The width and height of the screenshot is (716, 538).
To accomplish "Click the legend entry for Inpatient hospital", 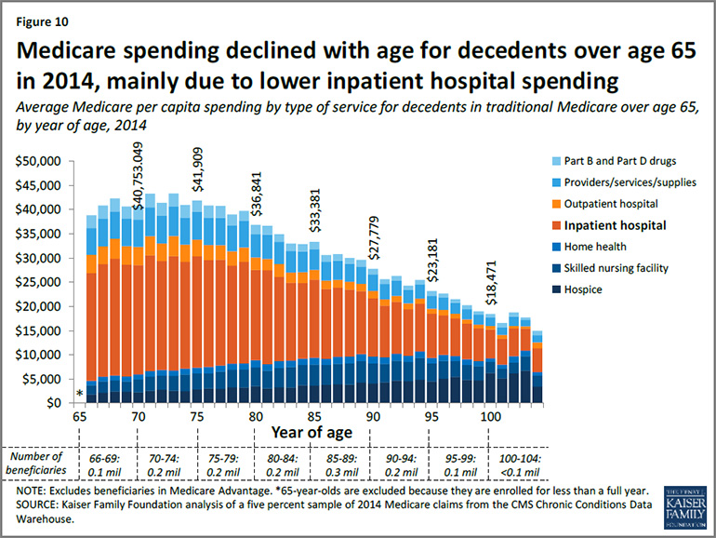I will click(627, 224).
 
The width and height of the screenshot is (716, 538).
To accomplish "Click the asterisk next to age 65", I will click(80, 395).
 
